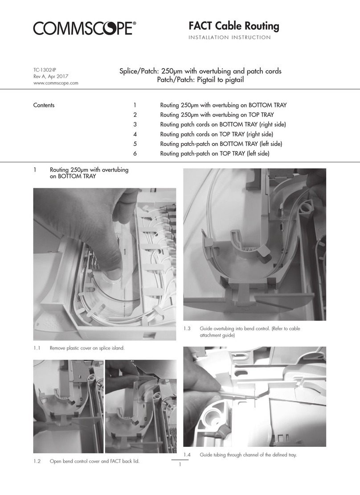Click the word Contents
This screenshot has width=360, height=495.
click(44, 106)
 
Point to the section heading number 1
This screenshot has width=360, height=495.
click(35, 170)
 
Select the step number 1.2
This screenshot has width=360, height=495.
click(37, 462)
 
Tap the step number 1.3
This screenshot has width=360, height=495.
click(187, 329)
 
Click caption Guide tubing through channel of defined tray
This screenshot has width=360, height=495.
click(248, 454)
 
